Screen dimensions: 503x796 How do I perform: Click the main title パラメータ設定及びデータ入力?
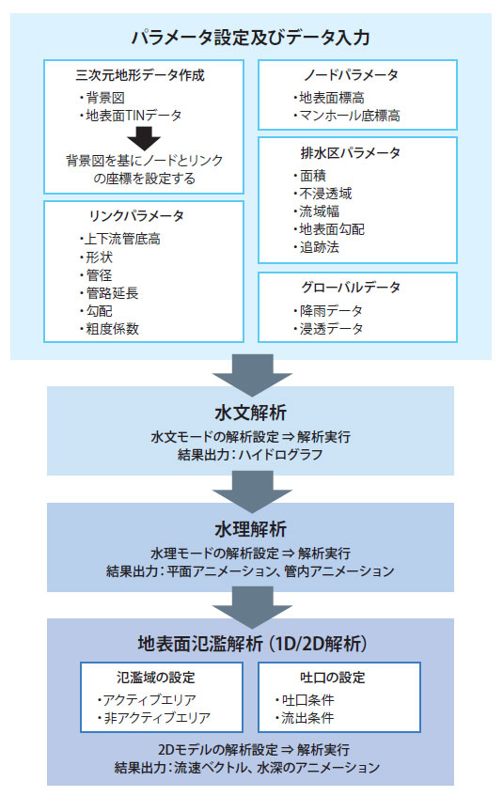(x=250, y=38)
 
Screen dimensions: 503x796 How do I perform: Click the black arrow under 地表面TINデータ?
(x=144, y=138)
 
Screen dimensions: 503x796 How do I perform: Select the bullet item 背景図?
(x=102, y=98)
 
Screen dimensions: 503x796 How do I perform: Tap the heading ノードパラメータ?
(x=351, y=75)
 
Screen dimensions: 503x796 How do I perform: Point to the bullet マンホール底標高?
(x=347, y=116)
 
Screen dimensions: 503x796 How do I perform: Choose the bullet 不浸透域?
(x=322, y=194)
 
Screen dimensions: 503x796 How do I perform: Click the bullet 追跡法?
(x=316, y=247)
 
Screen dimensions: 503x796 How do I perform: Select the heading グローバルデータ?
(x=351, y=288)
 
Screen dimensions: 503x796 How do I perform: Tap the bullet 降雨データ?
(x=328, y=311)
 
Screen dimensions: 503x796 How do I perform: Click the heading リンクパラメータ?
(x=136, y=216)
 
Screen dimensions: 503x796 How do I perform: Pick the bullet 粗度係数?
(x=109, y=329)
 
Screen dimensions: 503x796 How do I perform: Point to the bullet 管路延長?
(x=109, y=293)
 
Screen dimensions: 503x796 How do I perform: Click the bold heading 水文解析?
(x=250, y=413)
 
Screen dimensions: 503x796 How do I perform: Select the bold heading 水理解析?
(x=250, y=529)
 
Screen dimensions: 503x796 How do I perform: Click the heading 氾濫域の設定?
(x=156, y=678)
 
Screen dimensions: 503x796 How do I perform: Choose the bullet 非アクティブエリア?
(x=153, y=718)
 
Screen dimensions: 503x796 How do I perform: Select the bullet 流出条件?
(x=305, y=718)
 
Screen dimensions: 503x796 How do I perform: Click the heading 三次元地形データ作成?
(x=140, y=75)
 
